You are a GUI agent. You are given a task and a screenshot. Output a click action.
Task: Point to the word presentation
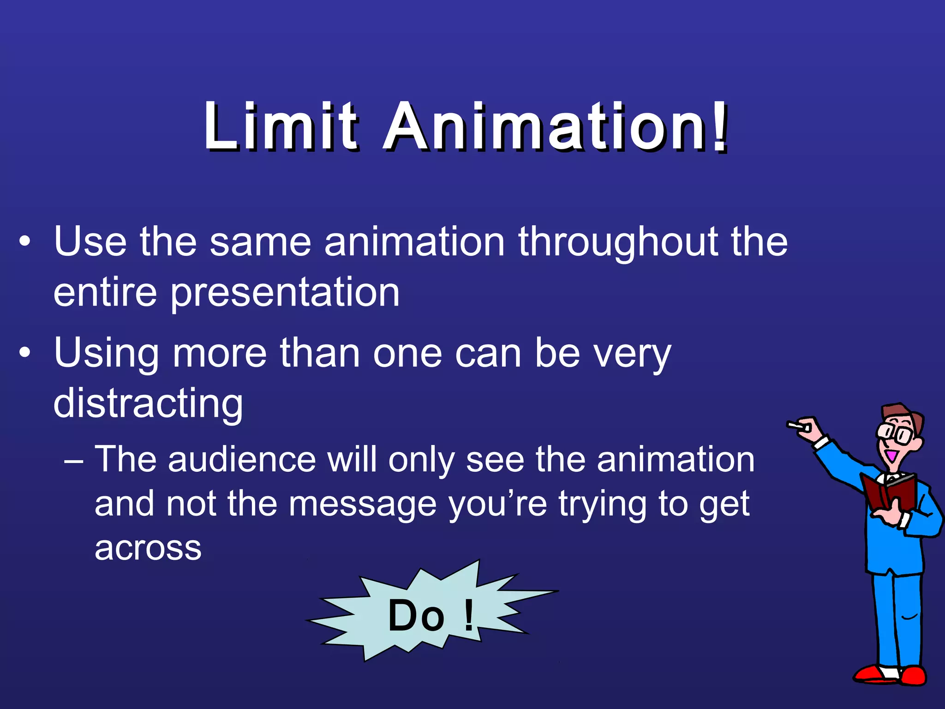pos(285,294)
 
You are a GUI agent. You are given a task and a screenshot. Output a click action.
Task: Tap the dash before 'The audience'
pos(74,460)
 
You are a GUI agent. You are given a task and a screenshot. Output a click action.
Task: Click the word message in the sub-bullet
pos(362,504)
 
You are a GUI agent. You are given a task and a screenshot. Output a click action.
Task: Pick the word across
pos(148,548)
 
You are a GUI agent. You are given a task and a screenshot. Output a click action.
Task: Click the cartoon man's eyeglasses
pos(895,433)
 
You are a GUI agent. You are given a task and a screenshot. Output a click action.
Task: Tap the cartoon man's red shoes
pos(891,675)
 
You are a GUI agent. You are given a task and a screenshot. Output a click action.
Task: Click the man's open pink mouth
pos(891,456)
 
